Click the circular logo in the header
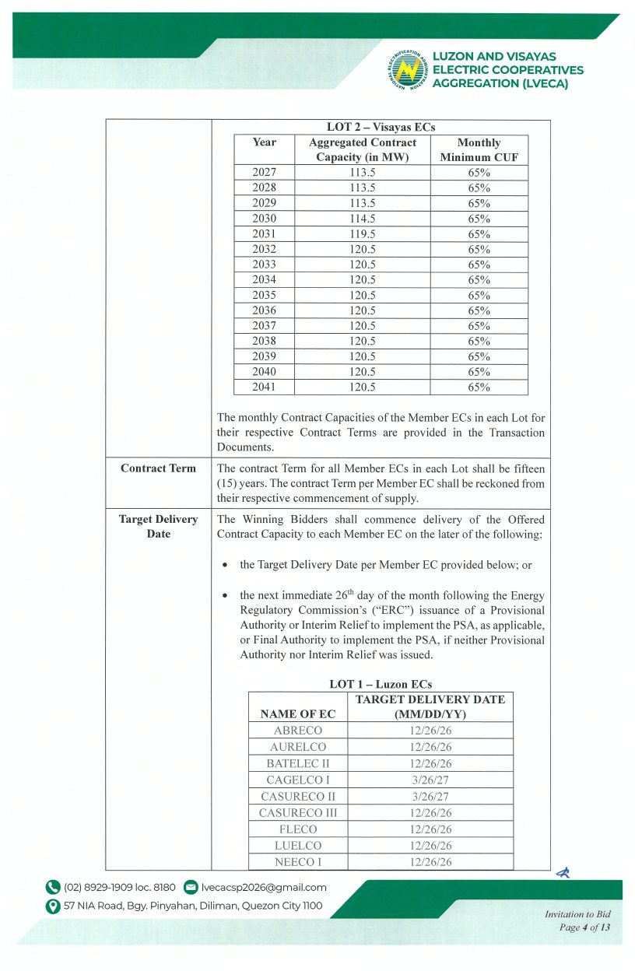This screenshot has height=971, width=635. (407, 68)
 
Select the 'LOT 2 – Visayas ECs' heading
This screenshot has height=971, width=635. (381, 127)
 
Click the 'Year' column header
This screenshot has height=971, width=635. (265, 142)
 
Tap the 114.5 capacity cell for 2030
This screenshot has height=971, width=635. (362, 219)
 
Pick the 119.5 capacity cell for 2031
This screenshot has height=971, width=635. (362, 234)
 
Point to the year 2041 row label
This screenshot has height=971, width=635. (265, 387)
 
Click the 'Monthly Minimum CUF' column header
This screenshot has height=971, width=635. (479, 149)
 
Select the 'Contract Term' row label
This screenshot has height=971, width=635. (158, 468)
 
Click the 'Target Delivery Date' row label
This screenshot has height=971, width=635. (158, 527)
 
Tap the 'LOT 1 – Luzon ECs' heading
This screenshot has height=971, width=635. (381, 685)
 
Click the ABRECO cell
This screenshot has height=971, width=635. (298, 731)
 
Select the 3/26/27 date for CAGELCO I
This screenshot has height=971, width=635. (430, 780)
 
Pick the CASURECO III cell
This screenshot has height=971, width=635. (298, 813)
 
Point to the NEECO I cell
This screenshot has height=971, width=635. (298, 861)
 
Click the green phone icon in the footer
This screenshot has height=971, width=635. (53, 888)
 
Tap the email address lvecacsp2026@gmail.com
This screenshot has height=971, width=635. (264, 888)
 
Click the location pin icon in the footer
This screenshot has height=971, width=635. (53, 906)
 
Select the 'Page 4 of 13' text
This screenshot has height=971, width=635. (584, 927)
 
